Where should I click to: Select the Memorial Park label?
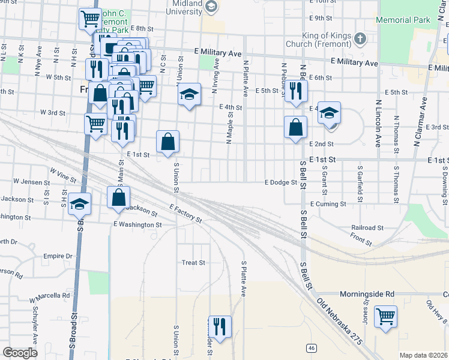(x=403, y=20)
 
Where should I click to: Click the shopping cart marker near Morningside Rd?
(x=385, y=316)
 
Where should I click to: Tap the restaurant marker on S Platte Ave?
(x=220, y=326)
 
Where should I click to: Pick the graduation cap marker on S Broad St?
(x=79, y=204)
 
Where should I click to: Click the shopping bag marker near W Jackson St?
(x=119, y=197)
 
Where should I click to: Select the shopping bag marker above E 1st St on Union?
(x=169, y=142)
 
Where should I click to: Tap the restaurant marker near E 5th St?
(x=295, y=91)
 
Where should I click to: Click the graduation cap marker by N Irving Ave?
(x=189, y=94)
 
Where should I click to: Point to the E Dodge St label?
(x=281, y=182)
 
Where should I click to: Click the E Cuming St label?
(x=327, y=204)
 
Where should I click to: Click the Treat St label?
(x=193, y=263)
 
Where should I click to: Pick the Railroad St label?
(x=367, y=228)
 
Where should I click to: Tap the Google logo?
(x=20, y=352)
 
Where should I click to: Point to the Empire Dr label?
(x=58, y=256)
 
